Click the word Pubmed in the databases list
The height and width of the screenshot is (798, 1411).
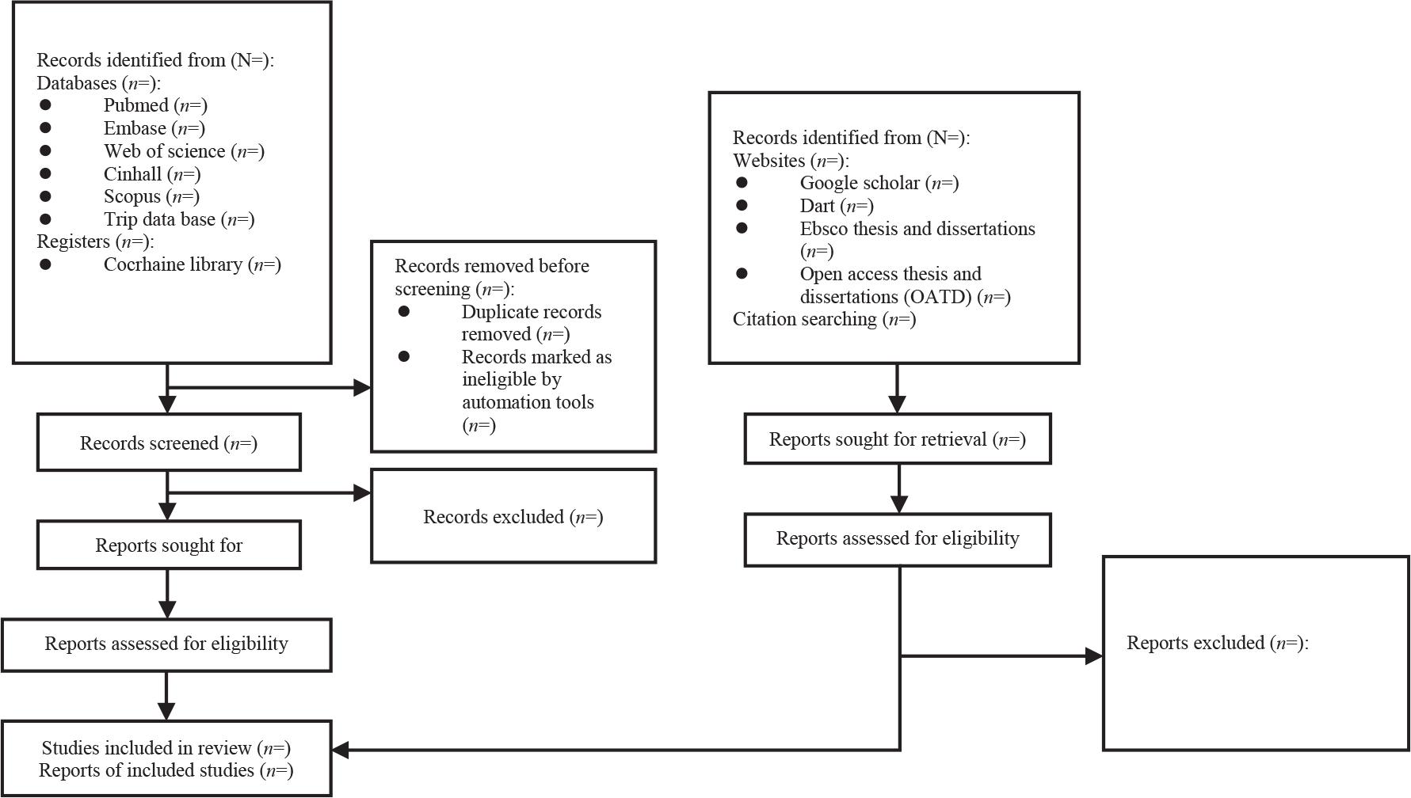click(x=135, y=105)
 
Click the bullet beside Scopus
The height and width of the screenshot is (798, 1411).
click(x=45, y=196)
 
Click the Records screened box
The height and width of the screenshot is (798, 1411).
click(x=168, y=443)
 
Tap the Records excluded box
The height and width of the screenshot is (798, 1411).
click(x=513, y=516)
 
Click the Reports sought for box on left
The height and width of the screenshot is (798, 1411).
click(x=168, y=545)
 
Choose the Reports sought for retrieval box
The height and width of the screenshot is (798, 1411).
click(x=897, y=439)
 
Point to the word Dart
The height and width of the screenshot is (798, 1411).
click(x=817, y=206)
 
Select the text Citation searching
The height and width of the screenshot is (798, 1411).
click(x=804, y=319)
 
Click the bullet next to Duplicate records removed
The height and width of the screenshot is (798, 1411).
click(x=404, y=311)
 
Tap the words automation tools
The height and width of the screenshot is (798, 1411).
click(x=528, y=402)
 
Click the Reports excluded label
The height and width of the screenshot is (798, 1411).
click(x=1217, y=643)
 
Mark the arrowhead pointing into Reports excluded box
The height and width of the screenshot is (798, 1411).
click(x=1094, y=655)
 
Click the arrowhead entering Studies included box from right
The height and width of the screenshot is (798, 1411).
click(x=341, y=749)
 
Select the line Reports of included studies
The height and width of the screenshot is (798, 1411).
click(x=166, y=770)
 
